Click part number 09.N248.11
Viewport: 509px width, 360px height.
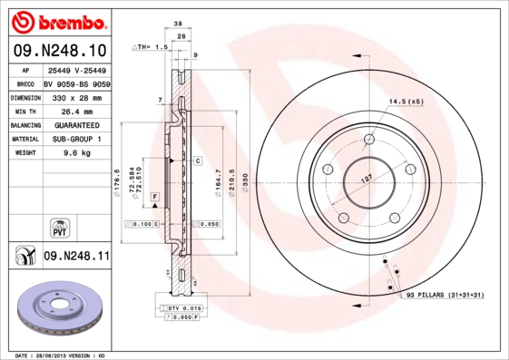pyautogui.click(x=76, y=257)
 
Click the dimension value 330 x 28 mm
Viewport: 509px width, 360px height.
pyautogui.click(x=77, y=96)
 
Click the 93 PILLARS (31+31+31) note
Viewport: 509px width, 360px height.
pyautogui.click(x=445, y=296)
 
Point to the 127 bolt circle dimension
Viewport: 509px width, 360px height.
pyautogui.click(x=367, y=180)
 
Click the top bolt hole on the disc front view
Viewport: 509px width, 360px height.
pyautogui.click(x=368, y=140)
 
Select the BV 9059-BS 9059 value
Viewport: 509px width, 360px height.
pyautogui.click(x=76, y=83)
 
